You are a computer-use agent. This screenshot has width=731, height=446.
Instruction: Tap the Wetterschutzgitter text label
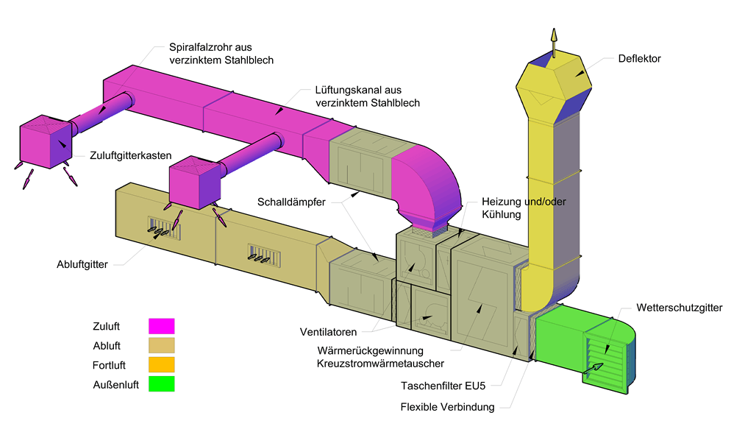point(680,307)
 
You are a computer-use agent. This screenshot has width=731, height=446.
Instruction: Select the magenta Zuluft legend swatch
point(161,326)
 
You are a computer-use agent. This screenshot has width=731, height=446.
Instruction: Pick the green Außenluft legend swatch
point(161,383)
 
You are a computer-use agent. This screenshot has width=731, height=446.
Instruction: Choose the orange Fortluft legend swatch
point(161,364)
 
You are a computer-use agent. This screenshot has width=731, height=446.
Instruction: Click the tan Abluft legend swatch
point(161,345)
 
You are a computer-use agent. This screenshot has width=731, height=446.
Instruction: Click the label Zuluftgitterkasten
point(131,155)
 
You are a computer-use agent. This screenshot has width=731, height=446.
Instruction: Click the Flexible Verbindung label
point(447,407)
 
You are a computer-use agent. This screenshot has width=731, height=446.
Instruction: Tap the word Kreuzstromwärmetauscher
point(380,363)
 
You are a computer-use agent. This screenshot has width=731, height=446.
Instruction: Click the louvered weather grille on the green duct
point(607,358)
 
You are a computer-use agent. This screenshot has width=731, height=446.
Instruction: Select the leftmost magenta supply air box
point(45,143)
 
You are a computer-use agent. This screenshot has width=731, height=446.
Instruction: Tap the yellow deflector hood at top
point(555,85)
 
